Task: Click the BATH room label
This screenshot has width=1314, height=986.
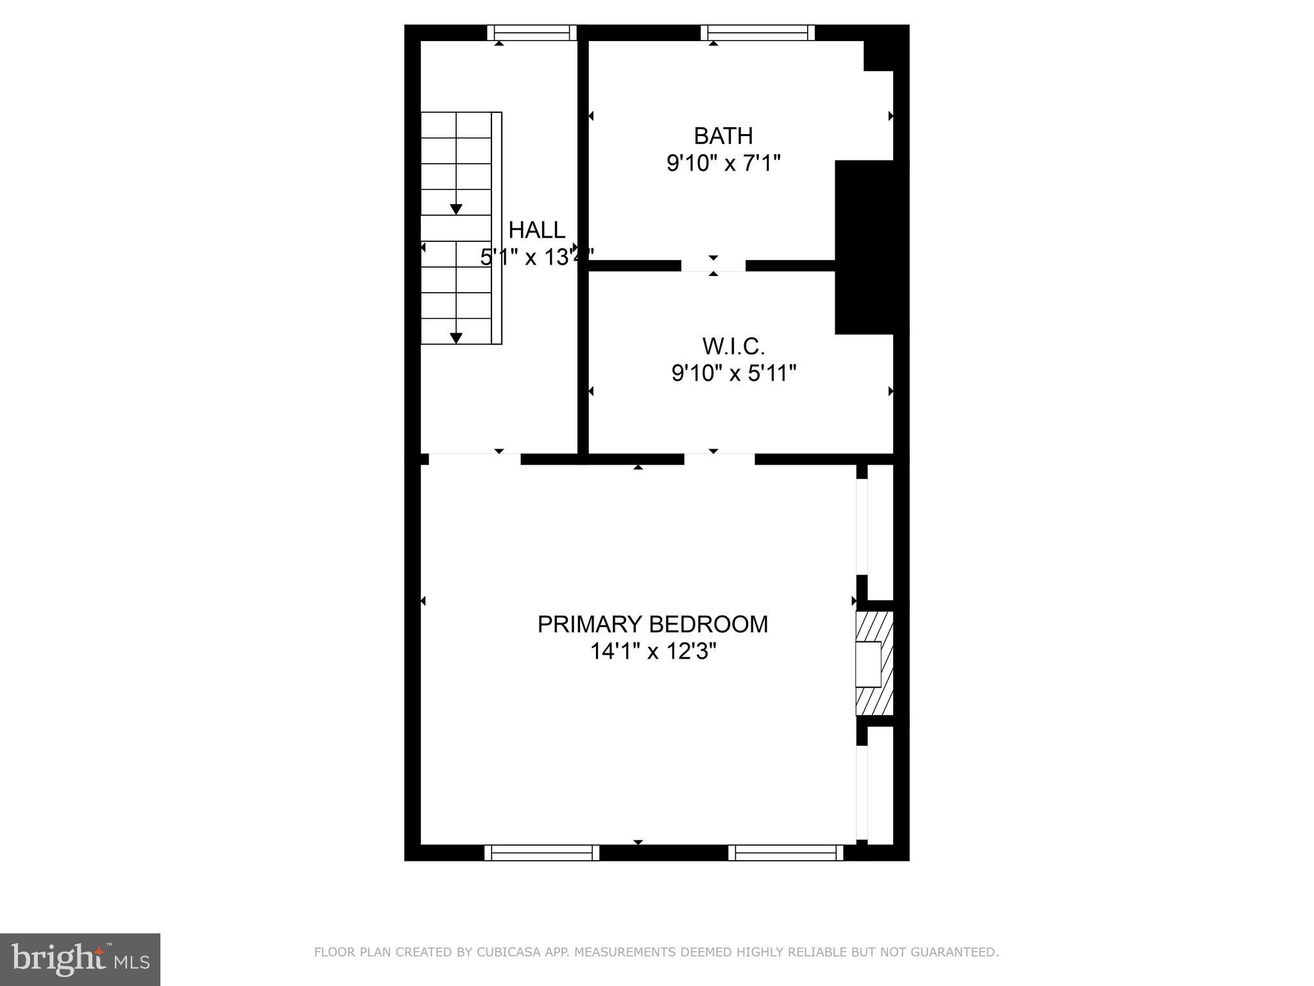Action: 723,136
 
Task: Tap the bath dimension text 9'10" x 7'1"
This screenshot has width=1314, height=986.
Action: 723,164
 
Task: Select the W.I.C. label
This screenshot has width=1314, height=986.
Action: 733,347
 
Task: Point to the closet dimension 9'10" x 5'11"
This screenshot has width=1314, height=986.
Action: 733,373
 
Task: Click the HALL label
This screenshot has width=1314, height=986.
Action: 536,230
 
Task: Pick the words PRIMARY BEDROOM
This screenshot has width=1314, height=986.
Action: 653,624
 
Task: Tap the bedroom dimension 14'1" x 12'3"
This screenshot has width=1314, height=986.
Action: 653,652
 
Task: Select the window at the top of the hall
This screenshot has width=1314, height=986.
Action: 531,32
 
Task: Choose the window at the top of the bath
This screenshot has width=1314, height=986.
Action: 757,32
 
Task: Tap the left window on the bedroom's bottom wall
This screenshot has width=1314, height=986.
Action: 542,852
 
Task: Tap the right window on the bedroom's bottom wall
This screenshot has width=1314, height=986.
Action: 785,852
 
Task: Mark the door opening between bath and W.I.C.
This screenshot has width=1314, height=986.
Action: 713,266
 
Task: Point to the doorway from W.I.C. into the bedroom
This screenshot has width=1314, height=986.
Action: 719,459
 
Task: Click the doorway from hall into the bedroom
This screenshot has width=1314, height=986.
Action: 474,459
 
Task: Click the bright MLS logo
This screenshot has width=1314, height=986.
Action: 80,959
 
